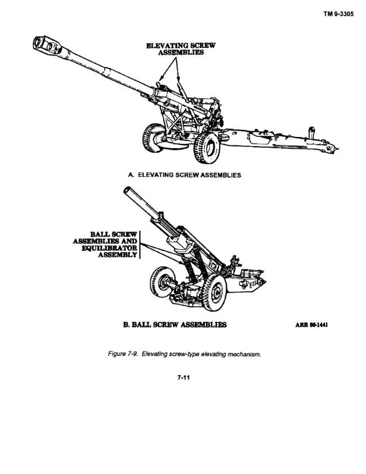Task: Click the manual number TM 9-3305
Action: click(x=338, y=14)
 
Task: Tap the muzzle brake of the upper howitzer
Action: click(x=47, y=45)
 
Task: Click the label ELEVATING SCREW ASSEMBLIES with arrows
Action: click(x=181, y=49)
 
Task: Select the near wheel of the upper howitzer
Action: click(x=207, y=148)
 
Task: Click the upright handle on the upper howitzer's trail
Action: click(x=311, y=132)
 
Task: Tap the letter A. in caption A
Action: click(x=131, y=175)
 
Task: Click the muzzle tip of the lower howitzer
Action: click(x=127, y=190)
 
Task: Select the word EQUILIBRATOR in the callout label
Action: click(x=109, y=248)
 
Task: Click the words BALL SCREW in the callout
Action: click(x=114, y=234)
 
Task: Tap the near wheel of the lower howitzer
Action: click(x=214, y=292)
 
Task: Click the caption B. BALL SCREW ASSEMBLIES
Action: click(x=175, y=325)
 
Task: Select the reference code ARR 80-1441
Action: click(x=311, y=325)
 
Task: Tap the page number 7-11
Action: click(x=184, y=378)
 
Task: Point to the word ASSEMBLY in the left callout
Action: click(x=118, y=255)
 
